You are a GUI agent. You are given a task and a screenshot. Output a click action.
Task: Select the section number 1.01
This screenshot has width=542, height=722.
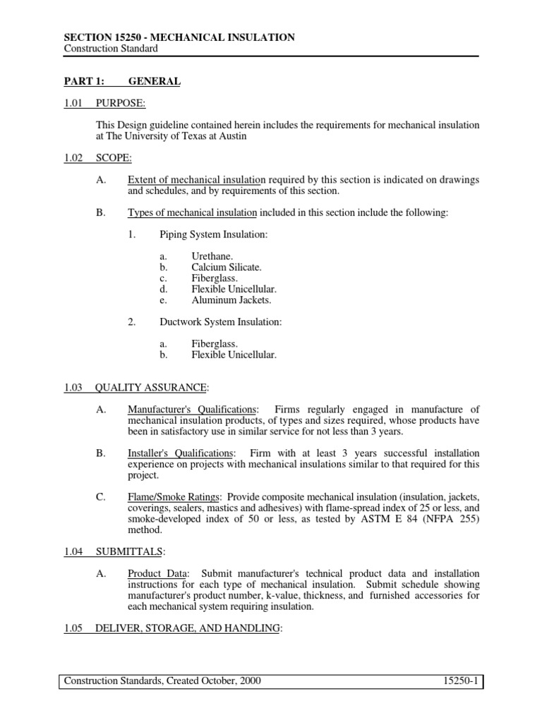[x=73, y=104]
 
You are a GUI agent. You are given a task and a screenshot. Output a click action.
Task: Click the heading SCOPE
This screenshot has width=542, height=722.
[x=113, y=158]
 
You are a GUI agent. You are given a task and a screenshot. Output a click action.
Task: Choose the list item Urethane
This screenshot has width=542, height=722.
[x=210, y=256]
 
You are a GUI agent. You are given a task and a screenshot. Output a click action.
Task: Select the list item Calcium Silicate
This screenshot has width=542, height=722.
[x=226, y=267]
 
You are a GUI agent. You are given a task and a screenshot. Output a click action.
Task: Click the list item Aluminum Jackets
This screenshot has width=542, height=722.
[x=231, y=300]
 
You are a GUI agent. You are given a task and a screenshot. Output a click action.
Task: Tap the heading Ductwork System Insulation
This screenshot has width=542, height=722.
[x=220, y=322]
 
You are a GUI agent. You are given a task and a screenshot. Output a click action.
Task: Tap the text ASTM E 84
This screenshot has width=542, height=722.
[x=368, y=519]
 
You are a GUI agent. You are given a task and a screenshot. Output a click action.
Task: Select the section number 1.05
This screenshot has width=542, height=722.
[x=73, y=628]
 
